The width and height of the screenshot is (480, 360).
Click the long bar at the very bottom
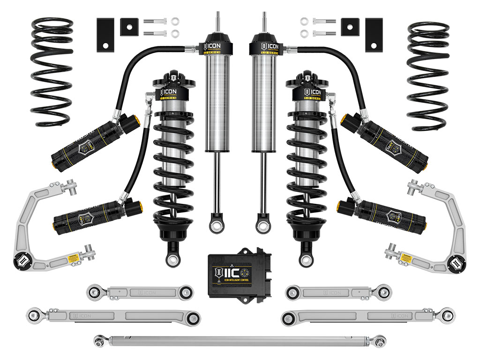(x=240, y=340)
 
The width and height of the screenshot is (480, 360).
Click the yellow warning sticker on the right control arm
(x=406, y=257)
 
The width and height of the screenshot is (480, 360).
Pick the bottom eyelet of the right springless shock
(x=263, y=226)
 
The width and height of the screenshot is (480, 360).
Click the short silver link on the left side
(x=140, y=292)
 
